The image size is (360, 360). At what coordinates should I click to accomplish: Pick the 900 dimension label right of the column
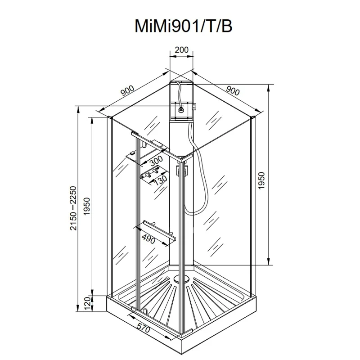[x=233, y=90]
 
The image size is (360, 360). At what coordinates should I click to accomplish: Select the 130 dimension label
[x=158, y=181]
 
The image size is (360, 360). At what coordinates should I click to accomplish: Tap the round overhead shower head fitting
[x=181, y=108]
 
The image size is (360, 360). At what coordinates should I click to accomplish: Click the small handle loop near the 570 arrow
[x=145, y=310]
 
